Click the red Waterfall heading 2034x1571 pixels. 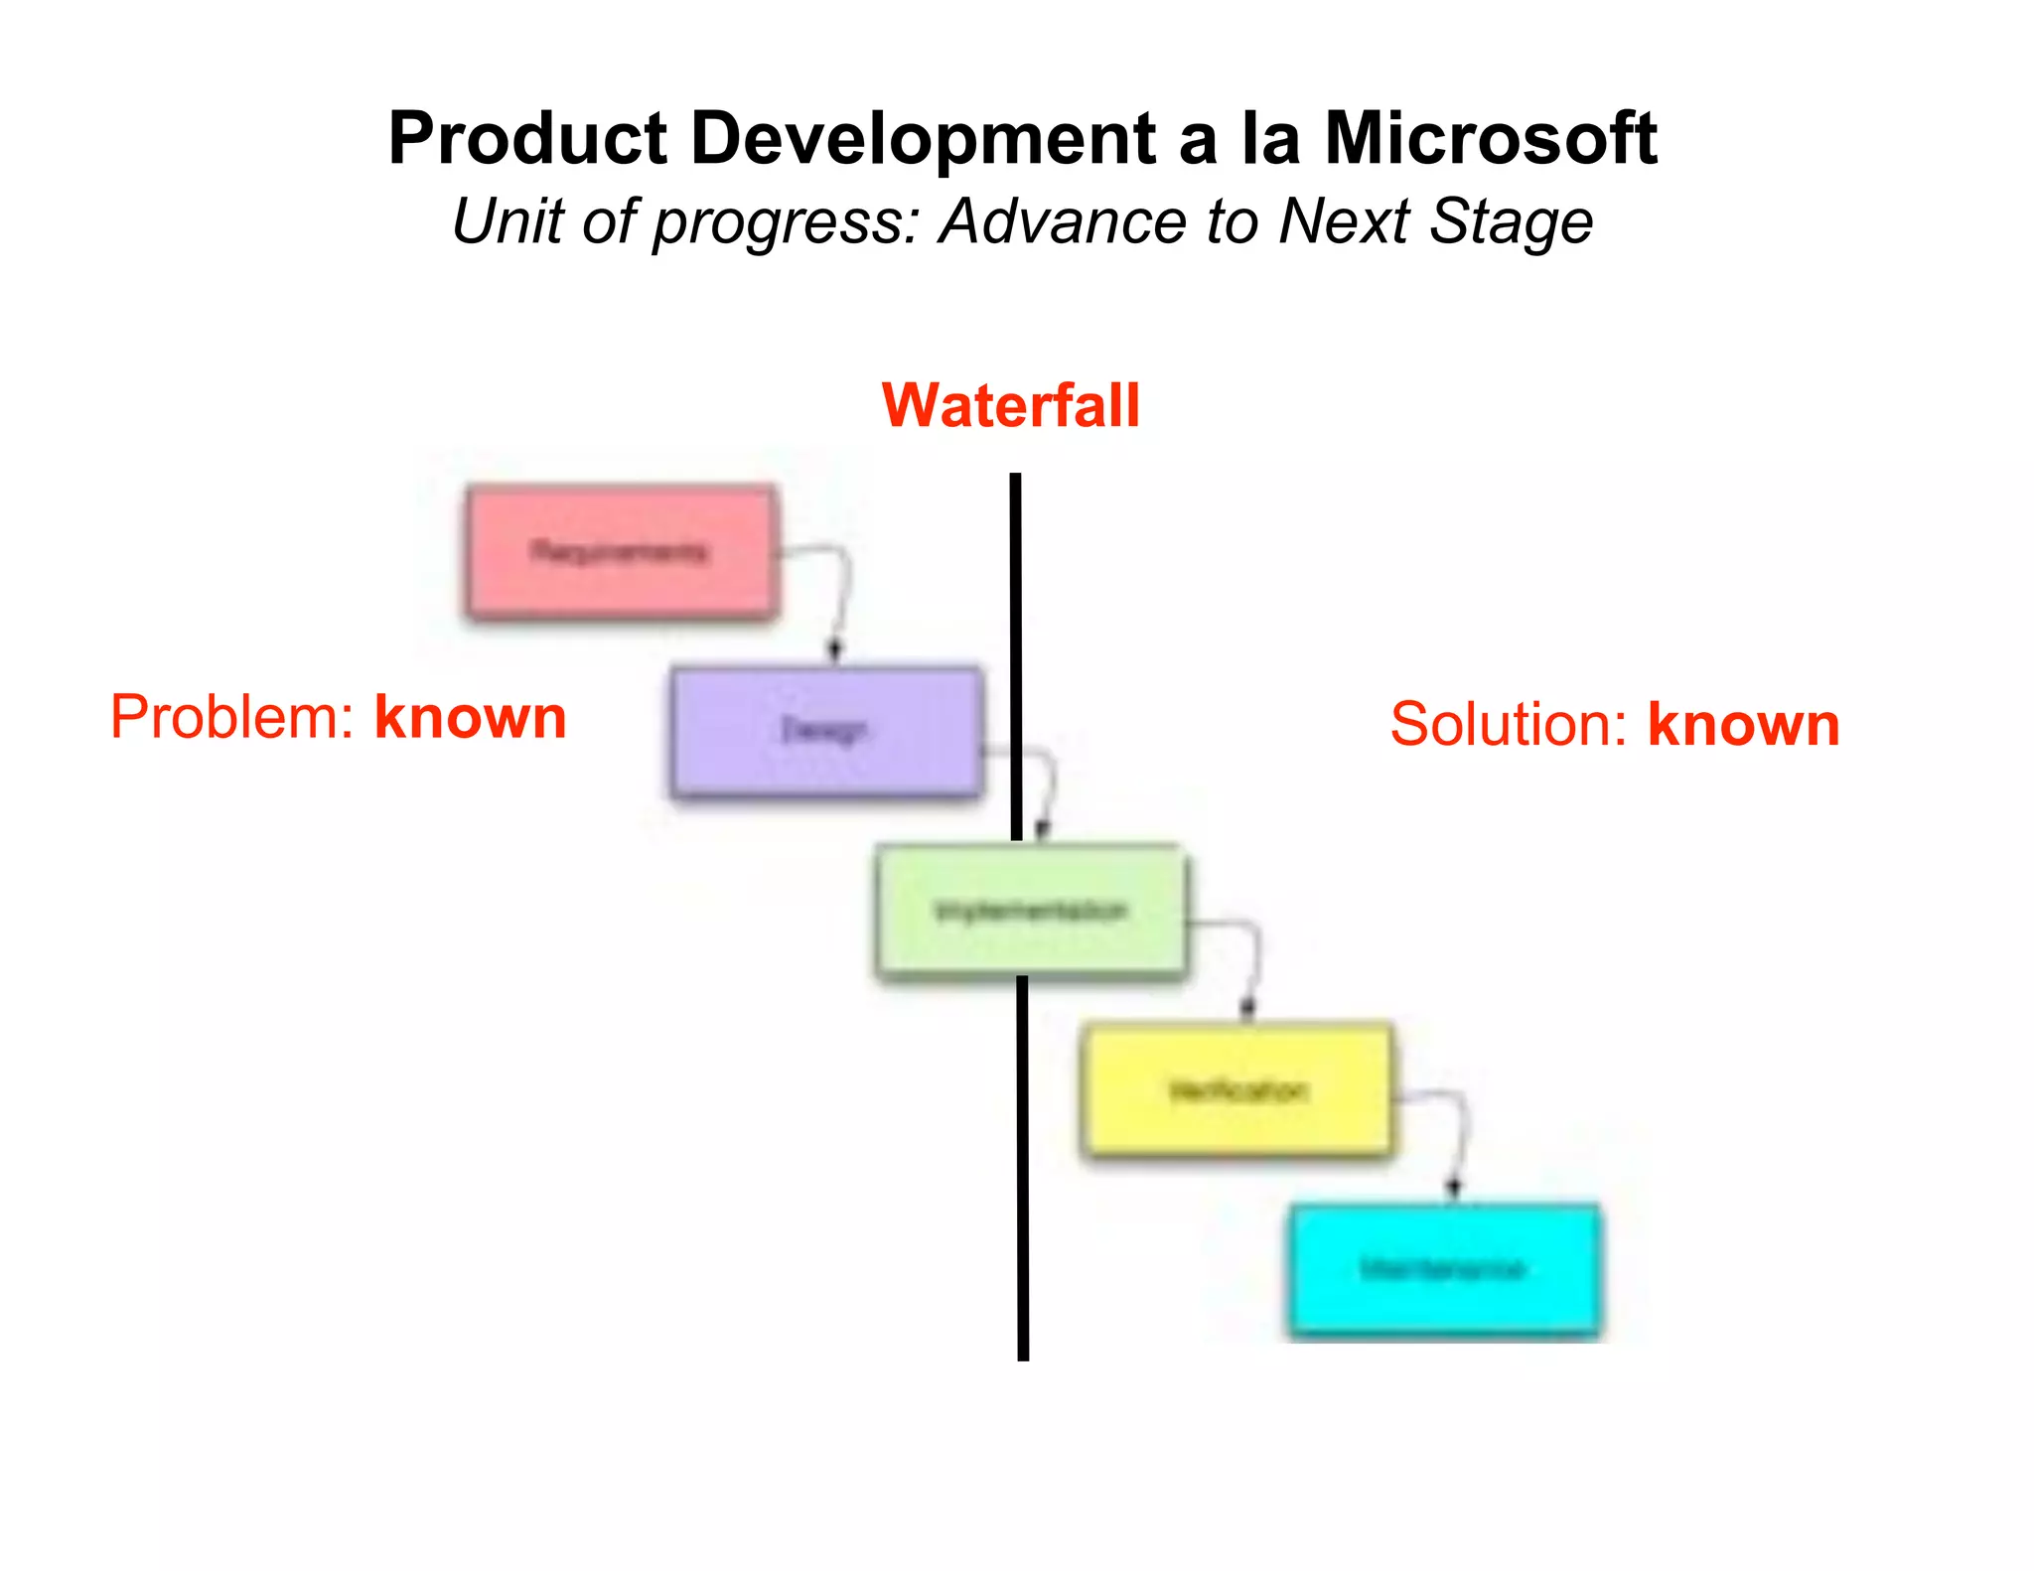[1010, 405]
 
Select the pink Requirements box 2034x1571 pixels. [621, 552]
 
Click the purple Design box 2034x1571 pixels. [826, 731]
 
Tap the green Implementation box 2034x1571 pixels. [1031, 912]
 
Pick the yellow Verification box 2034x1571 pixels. [1236, 1090]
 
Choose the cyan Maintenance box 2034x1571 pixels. [1443, 1269]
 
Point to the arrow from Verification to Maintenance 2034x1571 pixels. [1460, 1137]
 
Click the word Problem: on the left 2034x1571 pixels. [231, 717]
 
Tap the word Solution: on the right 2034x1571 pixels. [1508, 724]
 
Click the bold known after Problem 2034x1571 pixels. [470, 717]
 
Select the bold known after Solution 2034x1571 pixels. [1743, 724]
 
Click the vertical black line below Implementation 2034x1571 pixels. [1022, 1172]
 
